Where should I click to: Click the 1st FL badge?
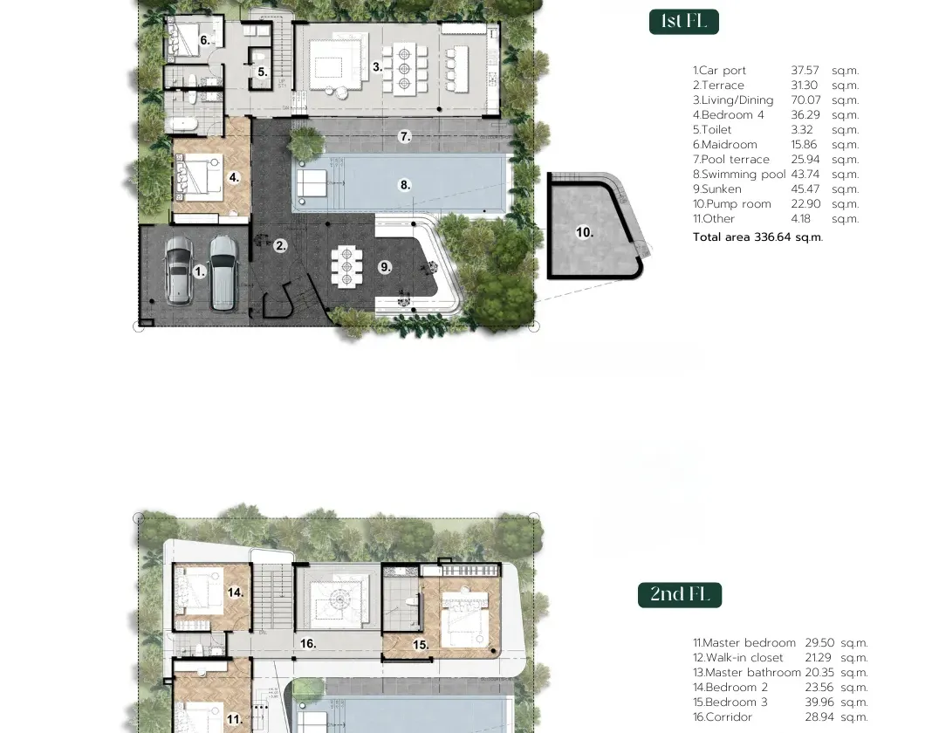[684, 22]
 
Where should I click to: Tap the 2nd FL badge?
[680, 594]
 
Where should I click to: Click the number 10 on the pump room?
[585, 232]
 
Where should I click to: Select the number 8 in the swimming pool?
[406, 185]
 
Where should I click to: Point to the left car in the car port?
[178, 270]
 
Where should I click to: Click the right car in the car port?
[223, 272]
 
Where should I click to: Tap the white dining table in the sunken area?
[346, 266]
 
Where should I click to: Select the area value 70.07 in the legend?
[805, 100]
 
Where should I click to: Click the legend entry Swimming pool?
[739, 175]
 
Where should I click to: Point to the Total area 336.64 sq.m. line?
[758, 237]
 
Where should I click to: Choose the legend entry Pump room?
[732, 203]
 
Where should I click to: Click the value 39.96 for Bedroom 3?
[819, 702]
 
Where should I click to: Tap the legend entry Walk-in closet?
[737, 658]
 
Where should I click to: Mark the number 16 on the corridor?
[308, 644]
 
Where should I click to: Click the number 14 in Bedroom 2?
[236, 593]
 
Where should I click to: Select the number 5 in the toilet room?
[263, 72]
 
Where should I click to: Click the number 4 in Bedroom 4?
[234, 177]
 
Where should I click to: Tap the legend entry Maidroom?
[724, 144]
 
